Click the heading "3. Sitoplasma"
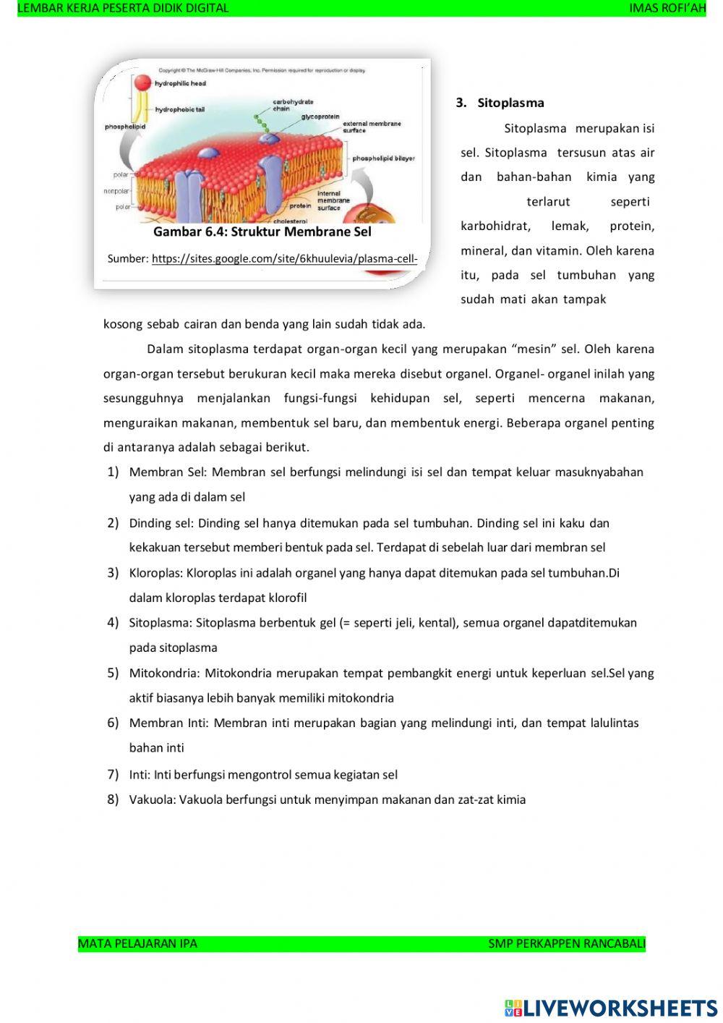coord(500,103)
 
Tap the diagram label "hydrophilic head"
coord(180,84)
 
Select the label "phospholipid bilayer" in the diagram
coord(383,158)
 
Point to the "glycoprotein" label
coord(320,116)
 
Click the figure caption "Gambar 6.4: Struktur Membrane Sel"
coord(262,232)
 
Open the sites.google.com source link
coord(284,258)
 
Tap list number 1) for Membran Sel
coord(113,472)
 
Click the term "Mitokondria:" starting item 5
coord(164,673)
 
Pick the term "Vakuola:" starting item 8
coord(152,799)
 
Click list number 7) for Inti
coord(113,774)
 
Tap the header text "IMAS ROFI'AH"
coord(667,8)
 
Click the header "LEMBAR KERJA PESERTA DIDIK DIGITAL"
coord(123,8)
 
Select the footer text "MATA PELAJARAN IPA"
coord(137,943)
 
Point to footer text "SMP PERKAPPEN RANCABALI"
coord(567,943)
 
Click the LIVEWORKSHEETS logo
coord(611,1008)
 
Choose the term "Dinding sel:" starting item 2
coord(161,523)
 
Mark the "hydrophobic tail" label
coord(180,110)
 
